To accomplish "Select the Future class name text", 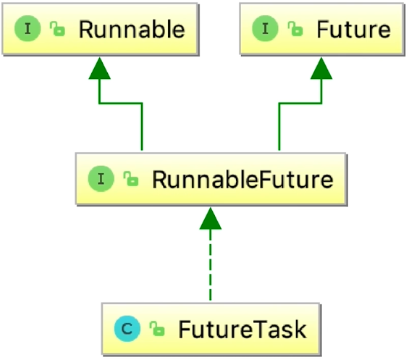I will [353, 30].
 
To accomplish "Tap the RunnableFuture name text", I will [243, 179].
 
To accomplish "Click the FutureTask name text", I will [243, 330].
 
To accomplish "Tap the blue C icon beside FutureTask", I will [127, 330].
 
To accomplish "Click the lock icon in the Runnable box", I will [56, 30].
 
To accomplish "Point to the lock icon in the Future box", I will [294, 30].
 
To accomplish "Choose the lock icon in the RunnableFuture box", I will [130, 180].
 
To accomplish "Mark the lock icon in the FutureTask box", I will [157, 330].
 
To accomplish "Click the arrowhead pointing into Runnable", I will [99, 69].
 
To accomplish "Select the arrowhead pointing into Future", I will [321, 69].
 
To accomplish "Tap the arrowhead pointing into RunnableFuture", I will [209, 218].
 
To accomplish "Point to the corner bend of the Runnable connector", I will [142, 104].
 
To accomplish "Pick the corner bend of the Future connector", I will [278, 104].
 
